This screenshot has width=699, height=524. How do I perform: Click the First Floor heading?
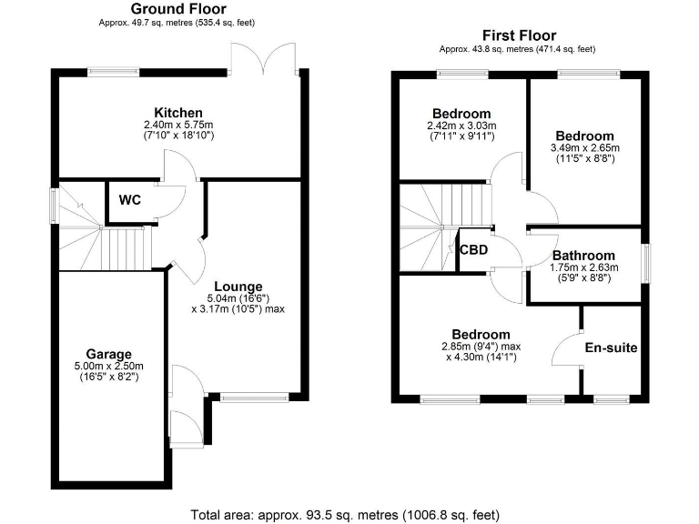tap(519, 35)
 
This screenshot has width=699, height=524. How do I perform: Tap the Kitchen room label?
tap(177, 112)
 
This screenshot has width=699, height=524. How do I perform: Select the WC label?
tap(130, 200)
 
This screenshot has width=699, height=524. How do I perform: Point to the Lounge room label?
tap(238, 286)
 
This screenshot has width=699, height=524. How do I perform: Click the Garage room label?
tap(109, 354)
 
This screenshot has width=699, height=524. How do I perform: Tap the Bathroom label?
tap(584, 256)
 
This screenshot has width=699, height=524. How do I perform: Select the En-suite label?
tap(611, 348)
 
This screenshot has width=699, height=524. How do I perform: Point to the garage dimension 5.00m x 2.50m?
tap(109, 367)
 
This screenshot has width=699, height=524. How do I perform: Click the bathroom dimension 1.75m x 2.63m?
tap(584, 267)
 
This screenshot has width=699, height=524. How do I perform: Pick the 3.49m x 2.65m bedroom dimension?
tap(584, 147)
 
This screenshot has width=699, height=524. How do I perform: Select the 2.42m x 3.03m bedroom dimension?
tap(462, 126)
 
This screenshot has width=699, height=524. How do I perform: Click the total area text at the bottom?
tap(346, 515)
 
